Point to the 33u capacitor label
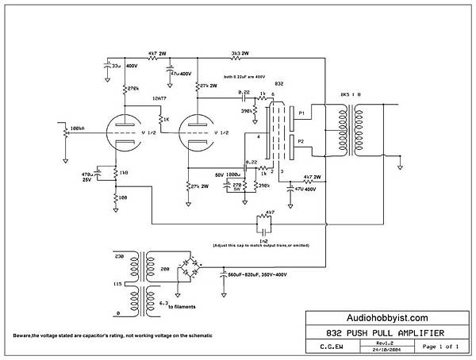click(116, 67)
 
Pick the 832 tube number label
click(279, 84)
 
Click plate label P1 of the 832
click(301, 113)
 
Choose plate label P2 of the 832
click(301, 141)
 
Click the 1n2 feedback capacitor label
click(262, 239)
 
